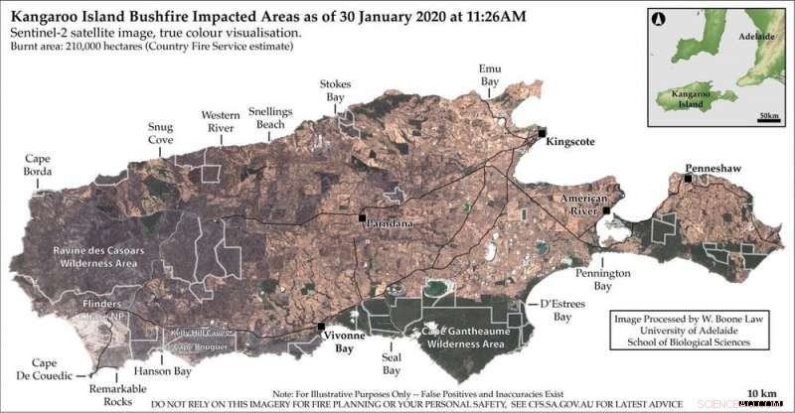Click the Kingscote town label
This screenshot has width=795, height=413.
click(570, 142)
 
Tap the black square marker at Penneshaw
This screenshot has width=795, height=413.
click(688, 179)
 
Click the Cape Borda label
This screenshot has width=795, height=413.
click(38, 165)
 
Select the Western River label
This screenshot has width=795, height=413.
click(220, 122)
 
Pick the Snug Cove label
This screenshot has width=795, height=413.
click(160, 134)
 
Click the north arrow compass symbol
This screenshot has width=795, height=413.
click(659, 18)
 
